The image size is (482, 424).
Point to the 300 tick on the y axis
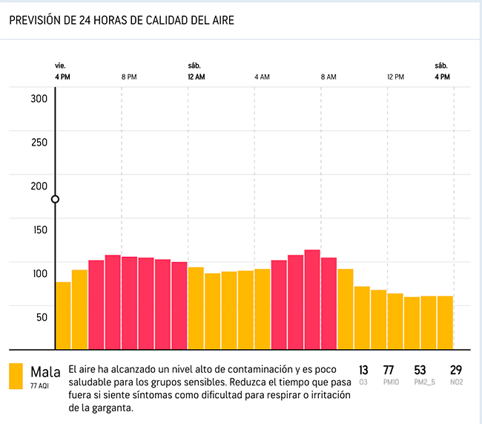pyautogui.click(x=39, y=100)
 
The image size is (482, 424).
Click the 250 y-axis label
pyautogui.click(x=39, y=143)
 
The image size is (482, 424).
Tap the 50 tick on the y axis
pyautogui.click(x=42, y=317)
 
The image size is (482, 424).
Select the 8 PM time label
pyautogui.click(x=129, y=77)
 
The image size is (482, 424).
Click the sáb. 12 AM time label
pyautogui.click(x=196, y=72)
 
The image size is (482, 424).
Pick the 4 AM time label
pyautogui.click(x=262, y=77)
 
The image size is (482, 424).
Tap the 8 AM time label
pyautogui.click(x=329, y=77)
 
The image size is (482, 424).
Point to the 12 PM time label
pyautogui.click(x=395, y=77)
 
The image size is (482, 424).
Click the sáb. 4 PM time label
pyautogui.click(x=442, y=72)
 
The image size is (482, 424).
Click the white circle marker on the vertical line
pyautogui.click(x=55, y=199)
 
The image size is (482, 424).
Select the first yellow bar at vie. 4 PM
pyautogui.click(x=63, y=316)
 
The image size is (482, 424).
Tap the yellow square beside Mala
pyautogui.click(x=16, y=376)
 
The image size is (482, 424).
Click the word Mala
pyautogui.click(x=45, y=371)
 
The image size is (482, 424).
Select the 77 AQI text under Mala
pyautogui.click(x=41, y=385)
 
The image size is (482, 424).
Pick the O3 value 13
pyautogui.click(x=363, y=370)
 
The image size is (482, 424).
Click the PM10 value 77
pyautogui.click(x=388, y=370)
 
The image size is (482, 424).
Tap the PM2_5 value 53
pyautogui.click(x=420, y=370)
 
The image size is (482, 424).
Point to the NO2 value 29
pyautogui.click(x=456, y=370)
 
